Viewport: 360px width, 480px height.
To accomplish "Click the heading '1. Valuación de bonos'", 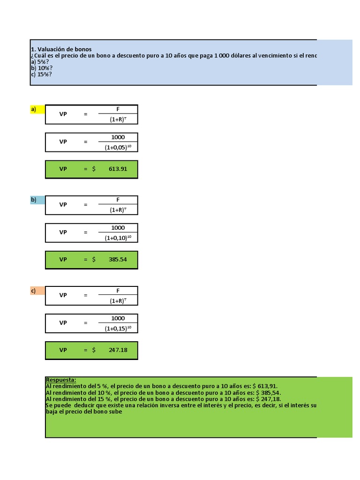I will [x=61, y=49].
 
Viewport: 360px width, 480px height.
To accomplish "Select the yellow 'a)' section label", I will [x=34, y=110].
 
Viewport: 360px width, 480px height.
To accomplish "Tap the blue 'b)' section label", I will [x=34, y=200].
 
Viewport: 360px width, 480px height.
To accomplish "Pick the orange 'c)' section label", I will [x=34, y=291].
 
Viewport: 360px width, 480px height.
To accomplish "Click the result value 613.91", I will [x=118, y=169].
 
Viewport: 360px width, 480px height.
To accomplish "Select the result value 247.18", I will [x=118, y=350].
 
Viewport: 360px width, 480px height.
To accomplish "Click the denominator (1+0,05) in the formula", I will [x=116, y=147].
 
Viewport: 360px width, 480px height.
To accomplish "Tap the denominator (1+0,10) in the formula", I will [x=116, y=238].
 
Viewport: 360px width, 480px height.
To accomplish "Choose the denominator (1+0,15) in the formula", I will [x=116, y=328].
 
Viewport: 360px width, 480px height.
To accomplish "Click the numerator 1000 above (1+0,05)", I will [x=118, y=137].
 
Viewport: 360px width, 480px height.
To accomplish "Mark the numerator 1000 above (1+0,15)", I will [x=118, y=318].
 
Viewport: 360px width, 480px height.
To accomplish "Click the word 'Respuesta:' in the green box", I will [x=61, y=380].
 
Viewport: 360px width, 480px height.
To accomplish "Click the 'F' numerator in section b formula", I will [x=118, y=200].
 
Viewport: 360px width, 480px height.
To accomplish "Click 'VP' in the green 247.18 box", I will [x=63, y=350].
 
